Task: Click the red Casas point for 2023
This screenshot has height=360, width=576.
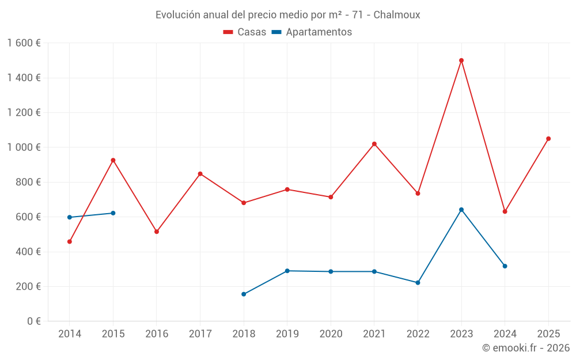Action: (x=461, y=60)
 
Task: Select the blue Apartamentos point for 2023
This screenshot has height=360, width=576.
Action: (x=461, y=210)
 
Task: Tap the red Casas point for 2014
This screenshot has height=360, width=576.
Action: (x=70, y=241)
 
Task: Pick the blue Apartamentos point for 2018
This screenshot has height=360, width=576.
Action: (x=244, y=294)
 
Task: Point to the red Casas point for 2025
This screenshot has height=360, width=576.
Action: (x=548, y=138)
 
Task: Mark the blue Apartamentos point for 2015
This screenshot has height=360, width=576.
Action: (x=113, y=213)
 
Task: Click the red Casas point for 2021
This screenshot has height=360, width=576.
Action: (x=374, y=144)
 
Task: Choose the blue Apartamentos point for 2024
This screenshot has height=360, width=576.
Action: (x=505, y=266)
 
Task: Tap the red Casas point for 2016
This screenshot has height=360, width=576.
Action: (x=157, y=232)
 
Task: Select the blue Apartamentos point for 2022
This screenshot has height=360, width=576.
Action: (x=418, y=283)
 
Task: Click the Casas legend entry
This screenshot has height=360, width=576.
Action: (x=245, y=32)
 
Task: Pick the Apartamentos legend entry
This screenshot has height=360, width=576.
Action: (x=312, y=32)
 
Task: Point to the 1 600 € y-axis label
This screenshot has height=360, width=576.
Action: (x=24, y=43)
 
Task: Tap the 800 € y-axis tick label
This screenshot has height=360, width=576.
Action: (x=28, y=182)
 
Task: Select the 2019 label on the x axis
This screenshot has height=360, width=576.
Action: (x=287, y=334)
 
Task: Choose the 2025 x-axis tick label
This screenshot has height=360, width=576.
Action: (x=548, y=334)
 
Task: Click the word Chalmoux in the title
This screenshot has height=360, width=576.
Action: (x=397, y=15)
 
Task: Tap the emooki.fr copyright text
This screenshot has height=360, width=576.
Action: (x=525, y=348)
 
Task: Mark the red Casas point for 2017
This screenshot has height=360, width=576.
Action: (x=200, y=173)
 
